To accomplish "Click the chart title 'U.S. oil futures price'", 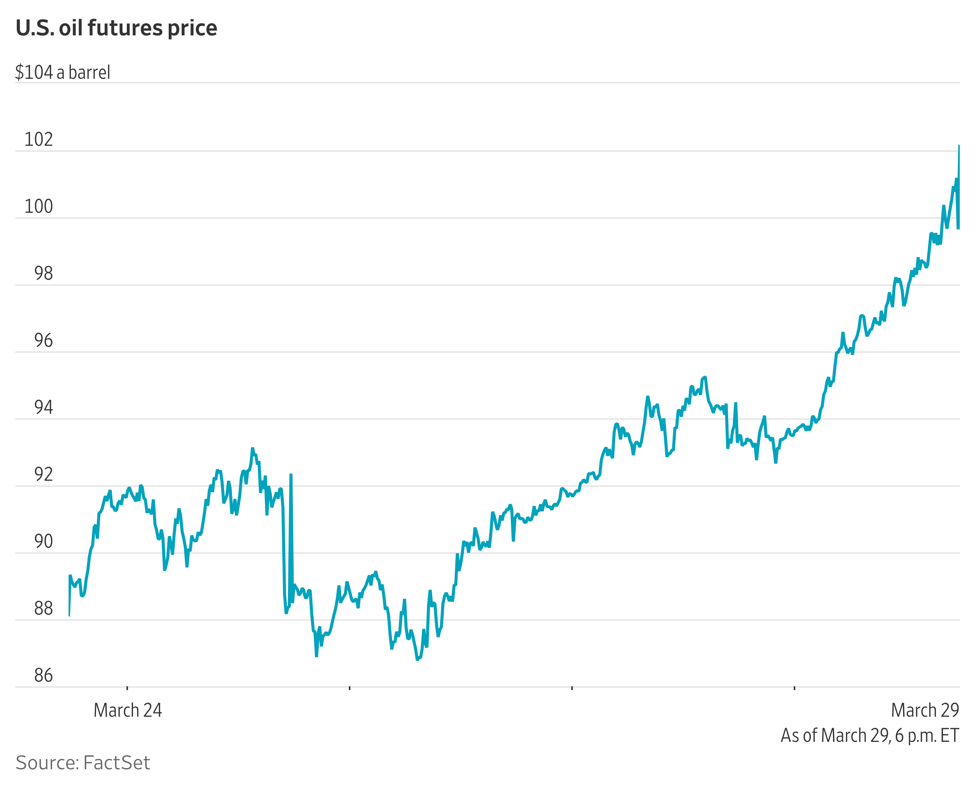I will [117, 28].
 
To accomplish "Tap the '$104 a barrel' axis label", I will [62, 72].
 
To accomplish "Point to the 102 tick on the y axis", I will [38, 139].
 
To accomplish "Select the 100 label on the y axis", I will [38, 206].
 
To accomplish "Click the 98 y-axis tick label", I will [43, 273].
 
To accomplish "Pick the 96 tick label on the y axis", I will [43, 341].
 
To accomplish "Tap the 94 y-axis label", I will [43, 408].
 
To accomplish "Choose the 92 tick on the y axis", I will [43, 475].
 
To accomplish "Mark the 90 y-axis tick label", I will [43, 542].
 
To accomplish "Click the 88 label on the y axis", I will [43, 609].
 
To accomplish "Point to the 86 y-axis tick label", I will [43, 676].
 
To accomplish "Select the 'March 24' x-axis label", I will [128, 710].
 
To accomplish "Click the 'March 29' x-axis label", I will [925, 710].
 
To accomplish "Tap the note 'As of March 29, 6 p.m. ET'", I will [870, 736].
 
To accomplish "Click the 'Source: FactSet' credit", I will [83, 763].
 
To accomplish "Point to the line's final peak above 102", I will [959, 146].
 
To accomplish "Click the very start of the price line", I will [69, 616].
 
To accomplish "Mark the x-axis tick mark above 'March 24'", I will [127, 688].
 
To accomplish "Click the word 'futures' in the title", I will [125, 28].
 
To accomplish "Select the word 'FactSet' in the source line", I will [117, 763].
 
